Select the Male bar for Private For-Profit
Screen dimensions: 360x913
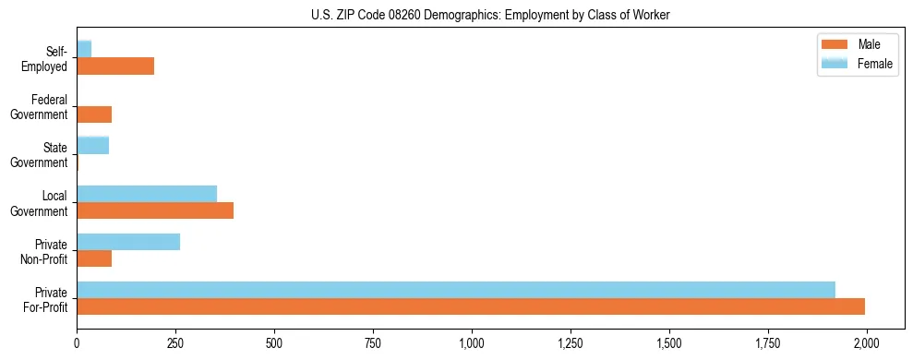click(471, 306)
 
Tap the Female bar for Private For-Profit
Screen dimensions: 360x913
click(456, 290)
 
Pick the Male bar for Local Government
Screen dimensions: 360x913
click(155, 210)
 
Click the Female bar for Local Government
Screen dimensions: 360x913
click(147, 194)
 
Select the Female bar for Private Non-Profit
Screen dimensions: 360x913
click(128, 242)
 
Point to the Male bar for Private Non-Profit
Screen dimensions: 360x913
click(94, 258)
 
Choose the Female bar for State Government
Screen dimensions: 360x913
click(92, 145)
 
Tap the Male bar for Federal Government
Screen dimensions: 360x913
click(94, 114)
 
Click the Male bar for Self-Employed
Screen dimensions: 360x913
click(115, 66)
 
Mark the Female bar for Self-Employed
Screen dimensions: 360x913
click(84, 49)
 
